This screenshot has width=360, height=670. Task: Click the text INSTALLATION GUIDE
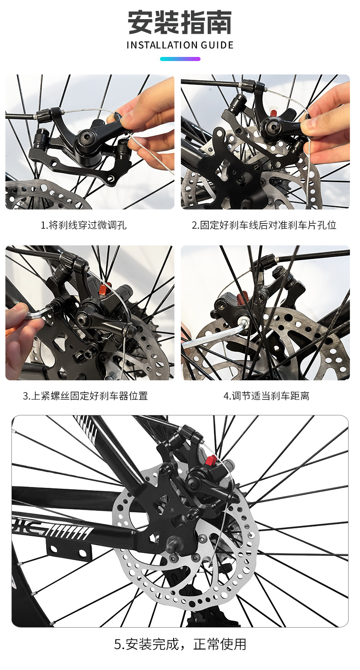tap(180, 45)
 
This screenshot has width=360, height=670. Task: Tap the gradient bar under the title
tap(180, 59)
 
